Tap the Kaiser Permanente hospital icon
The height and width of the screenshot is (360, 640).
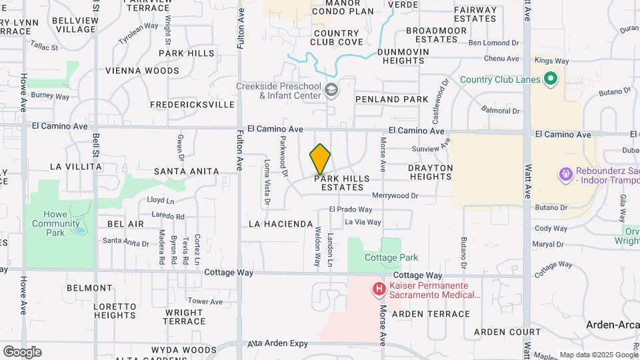[379, 289]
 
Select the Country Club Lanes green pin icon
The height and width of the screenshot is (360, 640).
[551, 80]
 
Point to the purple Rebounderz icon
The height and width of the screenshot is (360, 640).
[565, 174]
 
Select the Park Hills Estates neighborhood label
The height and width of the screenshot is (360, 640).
[342, 183]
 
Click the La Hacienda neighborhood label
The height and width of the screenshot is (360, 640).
[281, 223]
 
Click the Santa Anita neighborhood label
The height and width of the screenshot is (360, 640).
[186, 171]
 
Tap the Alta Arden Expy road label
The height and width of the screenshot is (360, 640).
[278, 343]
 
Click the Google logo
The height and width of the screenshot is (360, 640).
[22, 351]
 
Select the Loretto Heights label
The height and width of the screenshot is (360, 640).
[105, 311]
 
